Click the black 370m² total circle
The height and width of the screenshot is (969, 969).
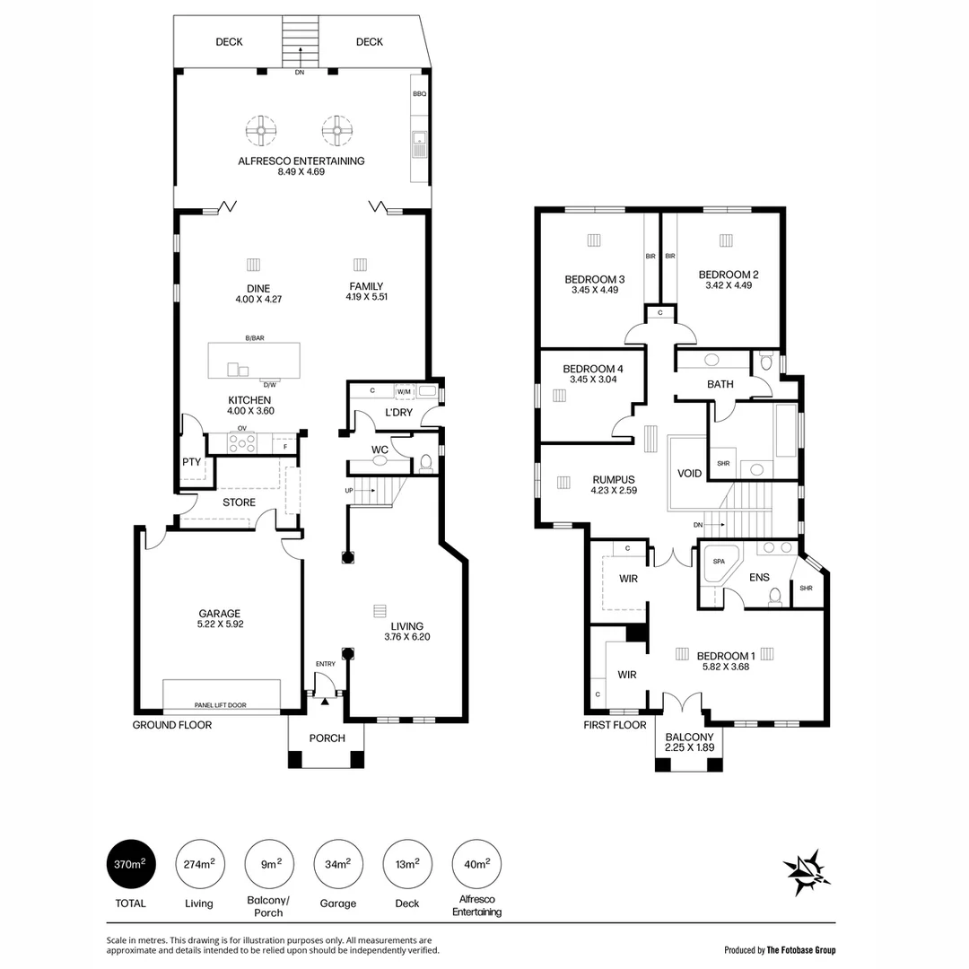click(x=132, y=864)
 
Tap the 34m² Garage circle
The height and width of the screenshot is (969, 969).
click(x=337, y=864)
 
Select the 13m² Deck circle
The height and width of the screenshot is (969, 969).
click(x=406, y=864)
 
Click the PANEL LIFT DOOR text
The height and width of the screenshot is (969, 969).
click(x=221, y=706)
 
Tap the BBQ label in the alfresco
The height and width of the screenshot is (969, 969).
click(x=419, y=93)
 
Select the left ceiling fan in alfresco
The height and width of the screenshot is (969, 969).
click(x=259, y=131)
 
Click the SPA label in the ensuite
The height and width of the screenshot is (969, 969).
click(x=718, y=561)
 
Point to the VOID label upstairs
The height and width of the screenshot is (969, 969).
click(x=689, y=473)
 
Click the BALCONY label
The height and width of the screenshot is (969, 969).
click(x=689, y=737)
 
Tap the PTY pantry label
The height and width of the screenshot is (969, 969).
click(x=191, y=462)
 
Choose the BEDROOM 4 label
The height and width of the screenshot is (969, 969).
click(x=592, y=369)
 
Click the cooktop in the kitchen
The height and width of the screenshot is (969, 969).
click(x=241, y=441)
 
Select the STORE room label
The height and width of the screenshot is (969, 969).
click(x=239, y=502)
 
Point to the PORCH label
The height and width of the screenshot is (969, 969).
click(x=327, y=738)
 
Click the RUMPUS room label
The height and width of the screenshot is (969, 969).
click(x=613, y=479)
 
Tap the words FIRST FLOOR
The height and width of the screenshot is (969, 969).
click(x=615, y=725)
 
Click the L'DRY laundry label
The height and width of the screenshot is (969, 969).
click(x=397, y=412)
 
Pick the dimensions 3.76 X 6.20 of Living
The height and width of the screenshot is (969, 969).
click(x=406, y=638)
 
